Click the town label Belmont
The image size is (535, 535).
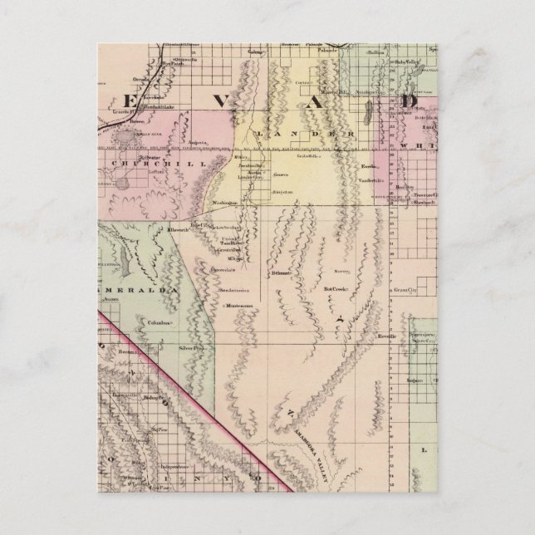point(282,272)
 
